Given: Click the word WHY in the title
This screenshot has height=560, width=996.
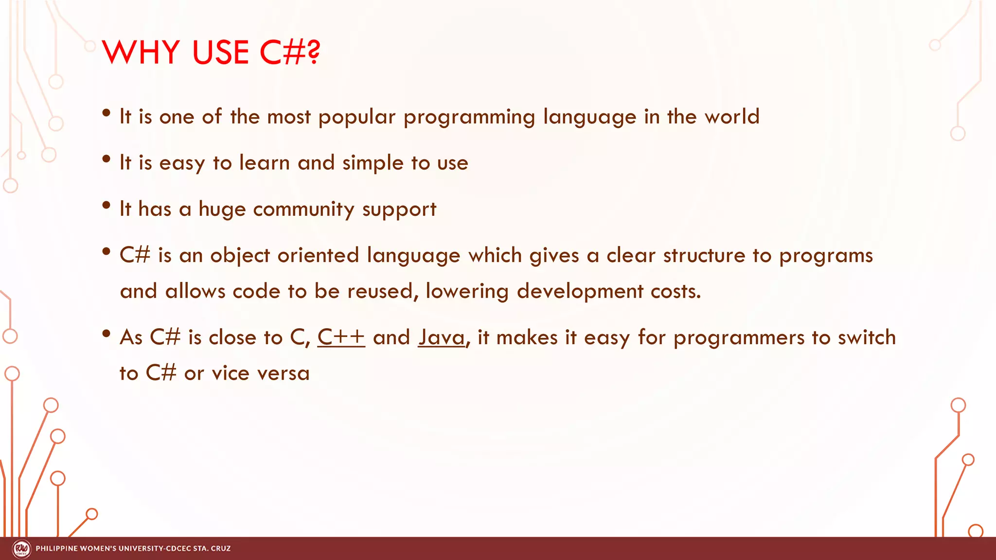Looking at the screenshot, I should pos(141,52).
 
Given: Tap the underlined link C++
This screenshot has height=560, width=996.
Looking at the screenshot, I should pos(341,337).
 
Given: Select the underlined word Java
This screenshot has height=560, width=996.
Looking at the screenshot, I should pos(442,337).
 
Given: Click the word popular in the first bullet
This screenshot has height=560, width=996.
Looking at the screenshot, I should pos(356,117).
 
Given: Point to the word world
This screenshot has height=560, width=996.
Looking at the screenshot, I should pos(732,117).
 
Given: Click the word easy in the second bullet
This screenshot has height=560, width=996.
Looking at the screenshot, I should pos(182,163).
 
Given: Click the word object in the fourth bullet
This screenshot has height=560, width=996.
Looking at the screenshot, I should pos(240,256).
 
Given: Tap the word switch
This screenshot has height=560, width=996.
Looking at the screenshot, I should pos(866,337).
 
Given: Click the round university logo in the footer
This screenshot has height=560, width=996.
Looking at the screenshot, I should pos(21,549).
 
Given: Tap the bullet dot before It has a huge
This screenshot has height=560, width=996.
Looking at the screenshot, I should pos(107,206).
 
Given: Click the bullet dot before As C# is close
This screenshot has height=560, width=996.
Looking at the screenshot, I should pos(107,333).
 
